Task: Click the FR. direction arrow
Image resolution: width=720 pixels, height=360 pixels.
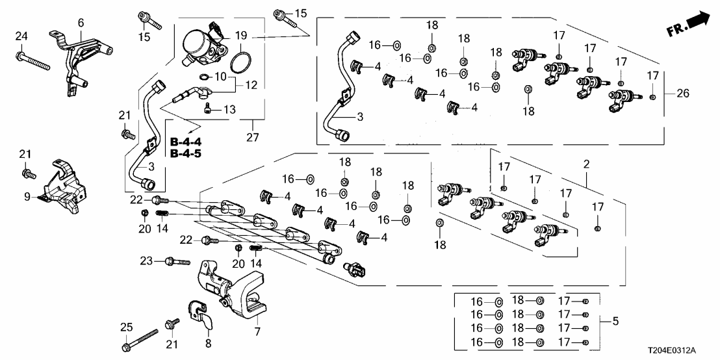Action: [691, 24]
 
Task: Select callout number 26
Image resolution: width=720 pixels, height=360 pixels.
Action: [681, 94]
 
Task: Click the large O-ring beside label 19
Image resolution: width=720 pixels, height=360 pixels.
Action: [241, 62]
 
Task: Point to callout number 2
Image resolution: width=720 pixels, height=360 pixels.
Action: [586, 165]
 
